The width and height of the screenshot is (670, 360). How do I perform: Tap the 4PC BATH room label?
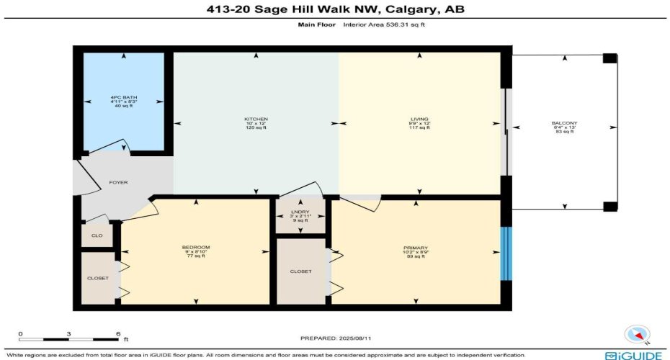(x=124, y=97)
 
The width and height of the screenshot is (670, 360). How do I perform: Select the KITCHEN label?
(x=256, y=118)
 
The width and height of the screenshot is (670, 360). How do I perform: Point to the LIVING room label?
(x=421, y=118)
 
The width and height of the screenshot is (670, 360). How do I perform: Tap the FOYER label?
(x=118, y=182)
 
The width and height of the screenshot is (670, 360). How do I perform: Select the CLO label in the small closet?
(x=97, y=235)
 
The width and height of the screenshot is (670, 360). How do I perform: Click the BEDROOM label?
(x=195, y=247)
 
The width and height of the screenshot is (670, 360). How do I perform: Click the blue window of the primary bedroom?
(x=506, y=253)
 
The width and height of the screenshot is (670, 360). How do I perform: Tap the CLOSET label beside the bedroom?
(x=97, y=278)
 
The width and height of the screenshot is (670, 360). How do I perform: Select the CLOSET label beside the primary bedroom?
(x=301, y=271)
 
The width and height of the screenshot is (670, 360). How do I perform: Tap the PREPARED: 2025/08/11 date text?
(x=336, y=338)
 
